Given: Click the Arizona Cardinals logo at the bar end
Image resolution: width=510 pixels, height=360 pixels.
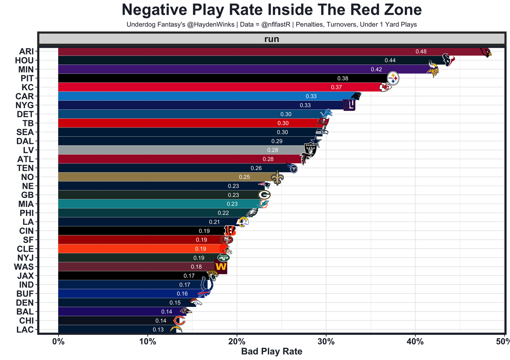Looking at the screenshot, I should (486, 52).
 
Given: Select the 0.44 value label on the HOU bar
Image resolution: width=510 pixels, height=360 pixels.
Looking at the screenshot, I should (390, 60).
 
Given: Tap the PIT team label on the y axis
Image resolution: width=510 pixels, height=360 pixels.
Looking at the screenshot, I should (27, 78).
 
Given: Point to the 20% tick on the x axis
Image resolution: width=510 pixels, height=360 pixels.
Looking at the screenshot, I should (237, 342).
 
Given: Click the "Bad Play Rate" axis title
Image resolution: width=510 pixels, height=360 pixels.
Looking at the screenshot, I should (272, 352).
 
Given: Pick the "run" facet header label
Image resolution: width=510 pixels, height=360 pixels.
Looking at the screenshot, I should (272, 39).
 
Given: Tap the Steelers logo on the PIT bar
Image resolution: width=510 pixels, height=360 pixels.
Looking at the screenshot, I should (393, 78).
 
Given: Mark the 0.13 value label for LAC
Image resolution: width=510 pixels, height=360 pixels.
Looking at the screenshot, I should (158, 330).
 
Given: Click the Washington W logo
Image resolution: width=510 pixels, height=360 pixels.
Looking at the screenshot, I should (220, 267).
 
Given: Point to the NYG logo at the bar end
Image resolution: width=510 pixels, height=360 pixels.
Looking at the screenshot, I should (349, 105).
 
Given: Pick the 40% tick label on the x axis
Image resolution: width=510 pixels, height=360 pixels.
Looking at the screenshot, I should (415, 342).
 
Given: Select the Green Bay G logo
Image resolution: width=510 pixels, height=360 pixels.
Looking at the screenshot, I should (264, 195).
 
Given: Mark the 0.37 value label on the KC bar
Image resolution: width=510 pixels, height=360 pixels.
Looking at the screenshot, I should (337, 87).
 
